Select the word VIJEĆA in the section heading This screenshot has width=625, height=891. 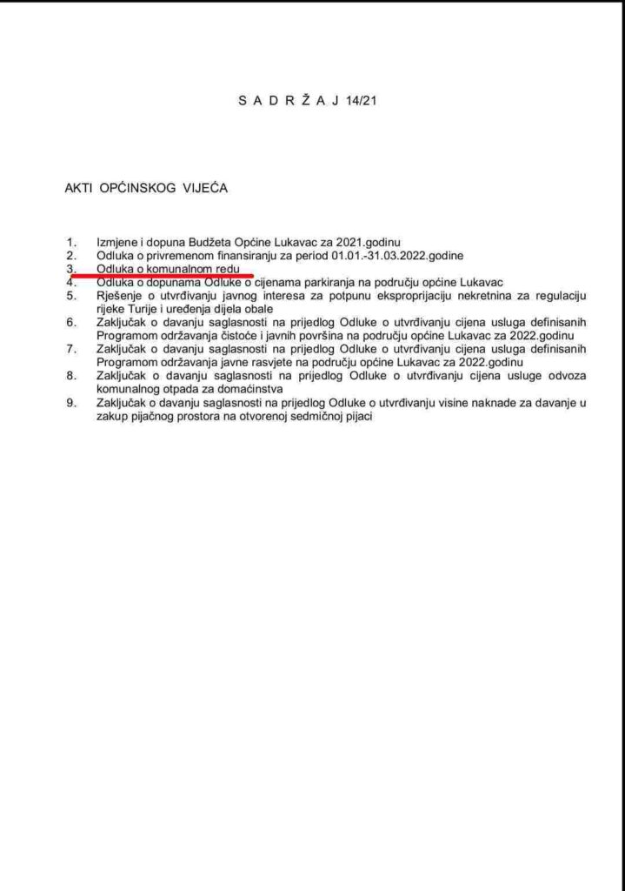pyautogui.click(x=203, y=187)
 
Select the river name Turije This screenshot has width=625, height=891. pyautogui.click(x=147, y=309)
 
